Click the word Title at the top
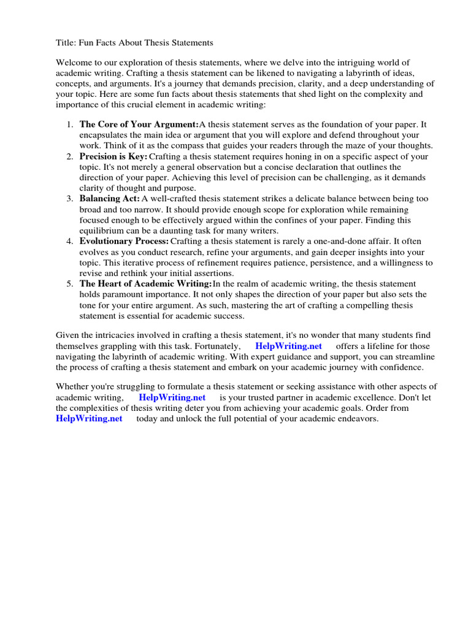click(x=66, y=43)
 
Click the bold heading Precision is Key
click(x=113, y=156)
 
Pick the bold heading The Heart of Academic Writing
click(x=145, y=283)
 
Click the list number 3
click(x=69, y=199)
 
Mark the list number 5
click(x=69, y=283)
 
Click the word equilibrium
click(x=104, y=231)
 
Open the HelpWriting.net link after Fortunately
click(x=288, y=346)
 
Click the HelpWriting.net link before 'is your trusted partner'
click(x=172, y=397)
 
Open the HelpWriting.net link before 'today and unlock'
click(x=89, y=418)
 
